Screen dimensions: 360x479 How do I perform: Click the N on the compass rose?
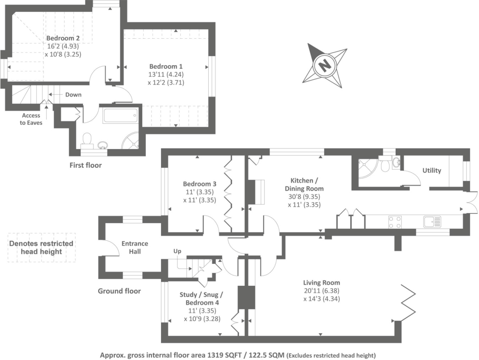point(324,65)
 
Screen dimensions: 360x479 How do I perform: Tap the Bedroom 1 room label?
point(166,66)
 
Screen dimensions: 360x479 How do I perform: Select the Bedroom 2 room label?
point(63,38)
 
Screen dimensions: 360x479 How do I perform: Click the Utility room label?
point(431,170)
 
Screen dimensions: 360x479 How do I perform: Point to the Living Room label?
point(321,283)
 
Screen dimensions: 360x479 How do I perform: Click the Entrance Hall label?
point(135,247)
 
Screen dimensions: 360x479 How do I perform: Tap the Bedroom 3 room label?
point(199,184)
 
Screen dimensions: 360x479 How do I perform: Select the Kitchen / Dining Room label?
point(304,185)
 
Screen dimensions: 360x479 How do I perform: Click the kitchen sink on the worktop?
point(431,222)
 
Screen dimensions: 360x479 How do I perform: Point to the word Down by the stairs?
point(73,94)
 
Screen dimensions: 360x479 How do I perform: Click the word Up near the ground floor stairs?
point(177,251)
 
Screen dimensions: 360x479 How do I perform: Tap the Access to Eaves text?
point(31,119)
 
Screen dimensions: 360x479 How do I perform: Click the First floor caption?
point(86,165)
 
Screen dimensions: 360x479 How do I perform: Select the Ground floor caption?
point(119,291)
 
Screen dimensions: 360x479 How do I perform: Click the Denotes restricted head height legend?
point(41,247)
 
